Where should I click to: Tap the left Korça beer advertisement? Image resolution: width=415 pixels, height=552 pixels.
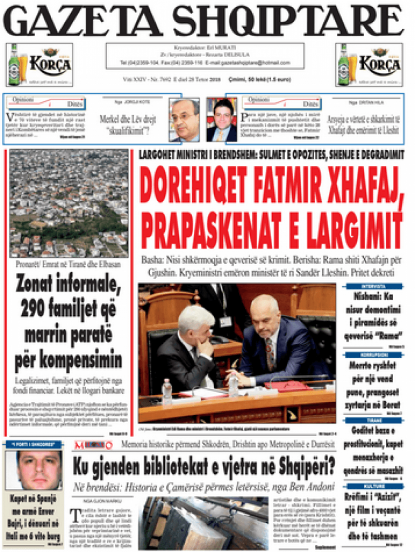coord(39,65)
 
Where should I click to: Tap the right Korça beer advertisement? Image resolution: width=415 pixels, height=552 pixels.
coord(369,65)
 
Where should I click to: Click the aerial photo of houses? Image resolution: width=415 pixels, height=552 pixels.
coord(69,203)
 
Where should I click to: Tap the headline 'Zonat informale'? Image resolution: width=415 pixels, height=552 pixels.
coord(69,282)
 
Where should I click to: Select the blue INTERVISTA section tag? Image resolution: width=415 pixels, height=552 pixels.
coord(373,286)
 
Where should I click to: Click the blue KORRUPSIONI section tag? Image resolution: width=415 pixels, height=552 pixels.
coord(373,355)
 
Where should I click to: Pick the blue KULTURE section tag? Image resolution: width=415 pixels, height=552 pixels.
coord(373,486)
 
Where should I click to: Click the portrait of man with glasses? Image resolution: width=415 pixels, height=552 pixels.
coord(184,119)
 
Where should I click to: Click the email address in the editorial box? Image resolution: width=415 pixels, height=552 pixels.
coord(253,63)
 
